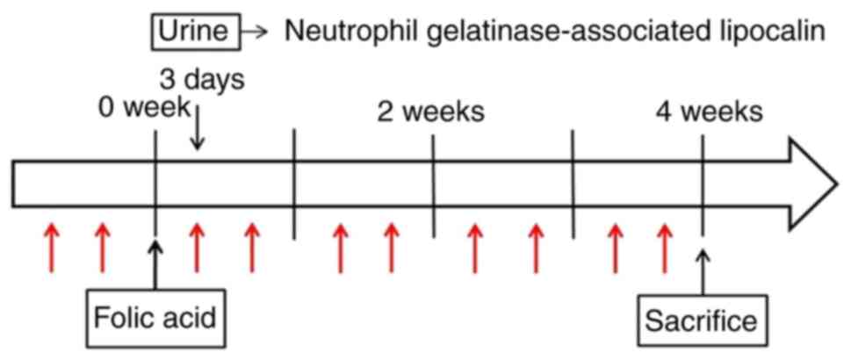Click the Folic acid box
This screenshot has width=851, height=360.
(x=155, y=317)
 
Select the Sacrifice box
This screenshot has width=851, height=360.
(x=701, y=320)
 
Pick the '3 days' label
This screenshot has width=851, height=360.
(x=201, y=79)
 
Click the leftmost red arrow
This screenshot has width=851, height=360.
(x=50, y=248)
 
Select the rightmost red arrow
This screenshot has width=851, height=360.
(x=665, y=248)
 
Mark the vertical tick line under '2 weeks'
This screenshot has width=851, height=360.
(x=433, y=184)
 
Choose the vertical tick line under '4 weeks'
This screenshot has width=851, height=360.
(x=703, y=184)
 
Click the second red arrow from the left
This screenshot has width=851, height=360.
(x=102, y=248)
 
